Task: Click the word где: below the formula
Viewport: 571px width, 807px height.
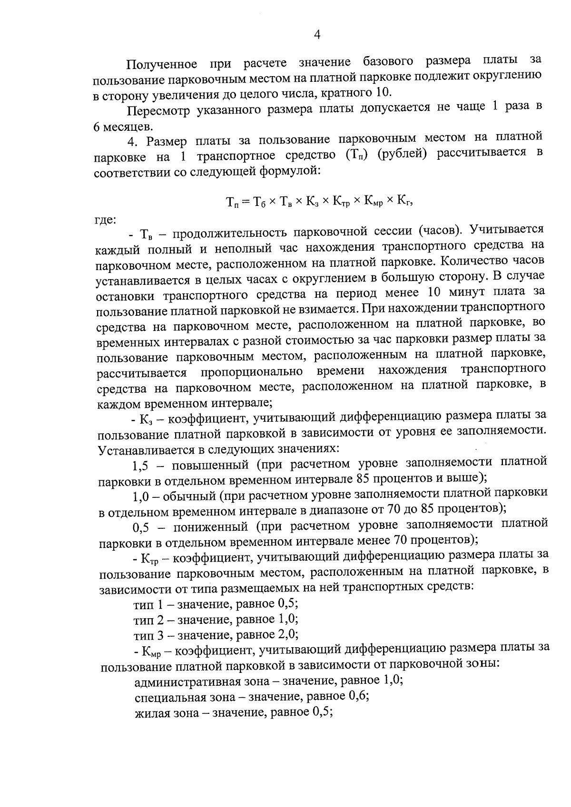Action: pos(104,219)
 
